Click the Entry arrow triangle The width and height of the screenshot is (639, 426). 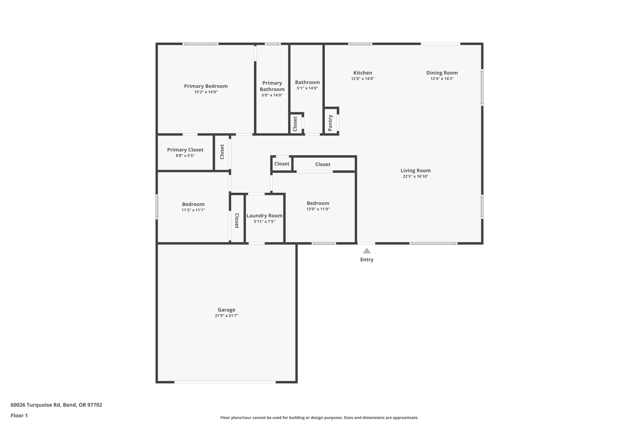click(367, 251)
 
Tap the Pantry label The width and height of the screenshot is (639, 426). click(331, 122)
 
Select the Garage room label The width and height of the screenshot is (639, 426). click(226, 310)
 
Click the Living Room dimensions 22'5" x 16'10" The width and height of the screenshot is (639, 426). click(415, 176)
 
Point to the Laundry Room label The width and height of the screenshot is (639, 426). click(264, 215)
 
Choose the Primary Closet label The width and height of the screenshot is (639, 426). click(185, 150)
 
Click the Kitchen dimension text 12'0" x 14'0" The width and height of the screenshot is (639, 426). click(362, 79)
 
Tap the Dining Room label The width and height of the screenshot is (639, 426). click(442, 73)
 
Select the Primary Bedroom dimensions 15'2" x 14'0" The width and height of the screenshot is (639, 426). click(206, 92)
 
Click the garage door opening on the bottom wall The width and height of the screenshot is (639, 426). click(225, 382)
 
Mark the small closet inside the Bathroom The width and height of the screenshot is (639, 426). click(295, 124)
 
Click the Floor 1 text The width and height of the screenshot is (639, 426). click(19, 415)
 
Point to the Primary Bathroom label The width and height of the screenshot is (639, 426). click(272, 86)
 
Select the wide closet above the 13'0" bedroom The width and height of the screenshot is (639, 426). click(323, 164)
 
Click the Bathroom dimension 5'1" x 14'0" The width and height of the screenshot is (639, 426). click(307, 88)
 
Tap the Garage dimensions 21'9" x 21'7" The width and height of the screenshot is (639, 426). click(226, 316)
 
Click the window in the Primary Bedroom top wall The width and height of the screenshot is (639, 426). click(200, 44)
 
